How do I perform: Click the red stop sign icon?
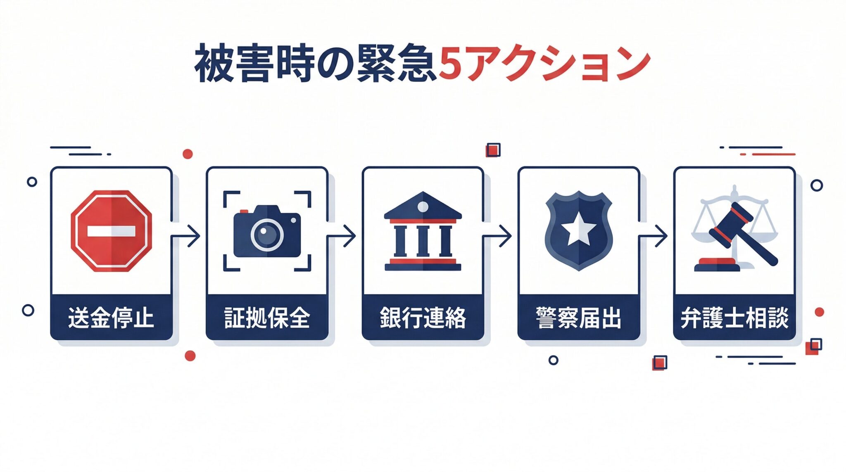click(x=111, y=231)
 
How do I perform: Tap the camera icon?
click(x=267, y=232)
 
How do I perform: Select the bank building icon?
click(x=423, y=231)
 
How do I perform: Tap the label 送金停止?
click(x=111, y=318)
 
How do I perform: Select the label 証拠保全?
click(x=267, y=318)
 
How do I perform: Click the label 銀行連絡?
click(x=423, y=318)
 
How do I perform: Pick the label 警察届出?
click(x=578, y=318)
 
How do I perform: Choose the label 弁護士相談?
click(x=734, y=318)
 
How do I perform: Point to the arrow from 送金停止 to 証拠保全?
click(x=188, y=236)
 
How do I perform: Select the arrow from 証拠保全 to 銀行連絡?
click(x=344, y=236)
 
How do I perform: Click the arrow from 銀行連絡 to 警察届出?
click(x=500, y=236)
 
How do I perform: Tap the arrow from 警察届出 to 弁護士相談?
click(x=656, y=236)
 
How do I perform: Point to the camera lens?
click(x=267, y=235)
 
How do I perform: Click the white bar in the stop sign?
click(x=111, y=231)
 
